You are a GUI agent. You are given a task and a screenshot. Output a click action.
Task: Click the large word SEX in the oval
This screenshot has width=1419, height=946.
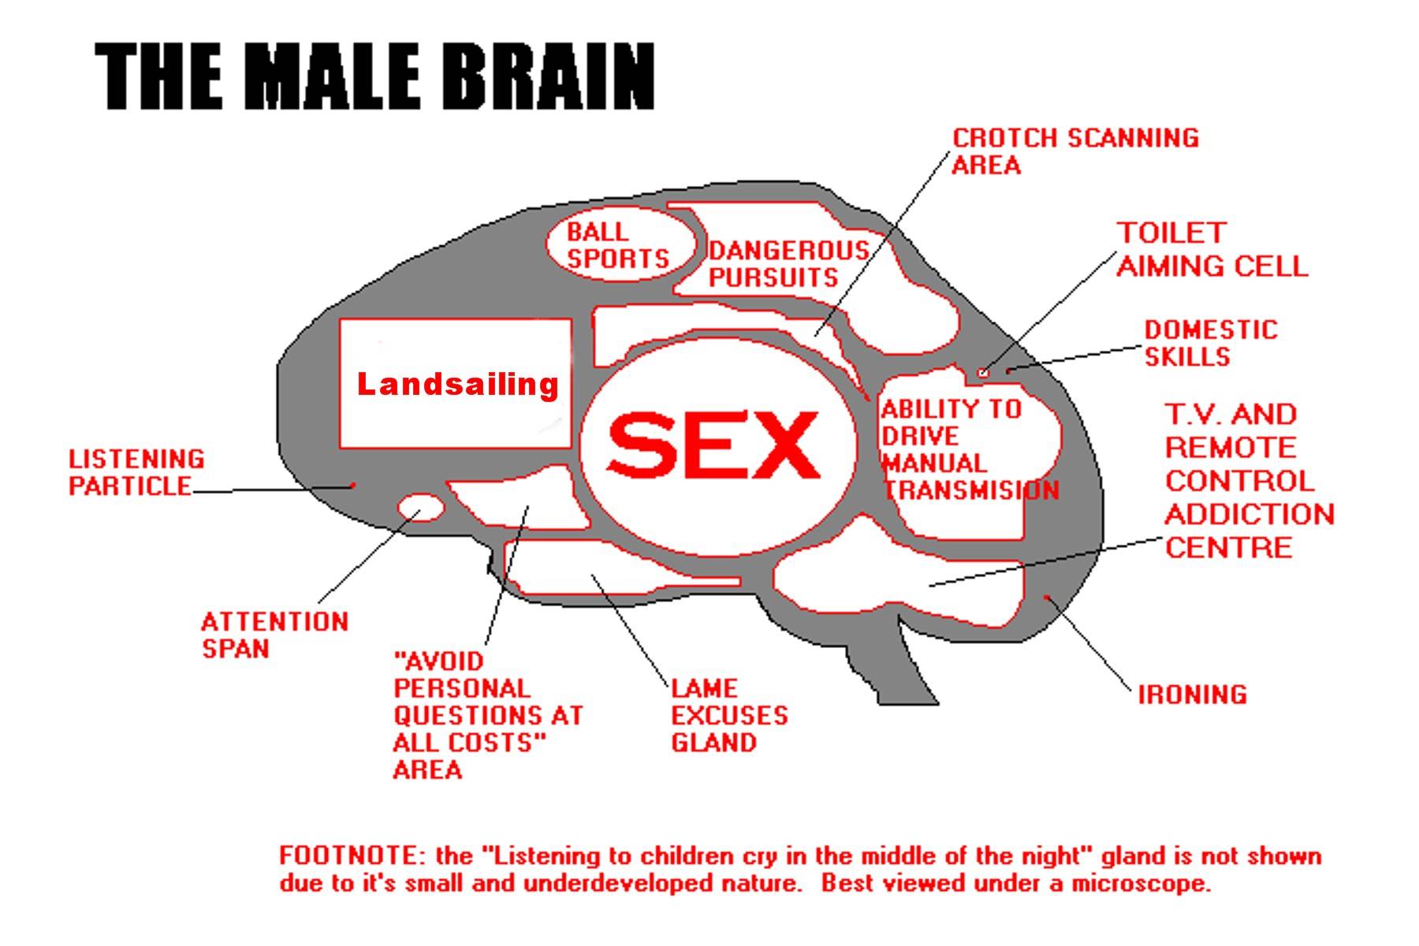pyautogui.click(x=713, y=445)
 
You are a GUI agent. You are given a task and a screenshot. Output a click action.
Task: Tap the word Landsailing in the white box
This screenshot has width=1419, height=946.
pyautogui.click(x=457, y=385)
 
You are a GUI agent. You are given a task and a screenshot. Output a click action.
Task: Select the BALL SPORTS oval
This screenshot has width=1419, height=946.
pyautogui.click(x=619, y=244)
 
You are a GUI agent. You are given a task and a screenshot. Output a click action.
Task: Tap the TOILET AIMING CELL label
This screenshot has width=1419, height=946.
pyautogui.click(x=1212, y=250)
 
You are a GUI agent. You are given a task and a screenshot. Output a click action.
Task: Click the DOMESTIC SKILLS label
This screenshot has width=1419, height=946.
pyautogui.click(x=1210, y=343)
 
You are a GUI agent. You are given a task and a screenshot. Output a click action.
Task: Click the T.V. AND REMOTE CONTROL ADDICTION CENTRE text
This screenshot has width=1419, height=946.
pyautogui.click(x=1248, y=481)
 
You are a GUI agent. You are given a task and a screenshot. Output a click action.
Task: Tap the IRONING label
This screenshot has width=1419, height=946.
pyautogui.click(x=1192, y=695)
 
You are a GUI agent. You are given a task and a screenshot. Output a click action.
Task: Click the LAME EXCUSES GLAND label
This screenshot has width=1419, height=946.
pyautogui.click(x=728, y=715)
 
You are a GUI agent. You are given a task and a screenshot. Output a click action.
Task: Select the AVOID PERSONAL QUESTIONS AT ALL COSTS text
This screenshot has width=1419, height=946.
pyautogui.click(x=486, y=715)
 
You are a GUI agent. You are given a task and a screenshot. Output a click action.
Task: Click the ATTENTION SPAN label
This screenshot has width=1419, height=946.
pyautogui.click(x=274, y=635)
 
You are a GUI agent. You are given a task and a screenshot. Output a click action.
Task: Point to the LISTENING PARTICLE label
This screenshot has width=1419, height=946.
pyautogui.click(x=136, y=472)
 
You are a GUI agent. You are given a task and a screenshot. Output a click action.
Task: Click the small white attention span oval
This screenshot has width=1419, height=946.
pyautogui.click(x=420, y=507)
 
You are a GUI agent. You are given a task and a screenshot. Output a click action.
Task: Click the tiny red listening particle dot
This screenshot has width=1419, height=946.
pyautogui.click(x=353, y=486)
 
